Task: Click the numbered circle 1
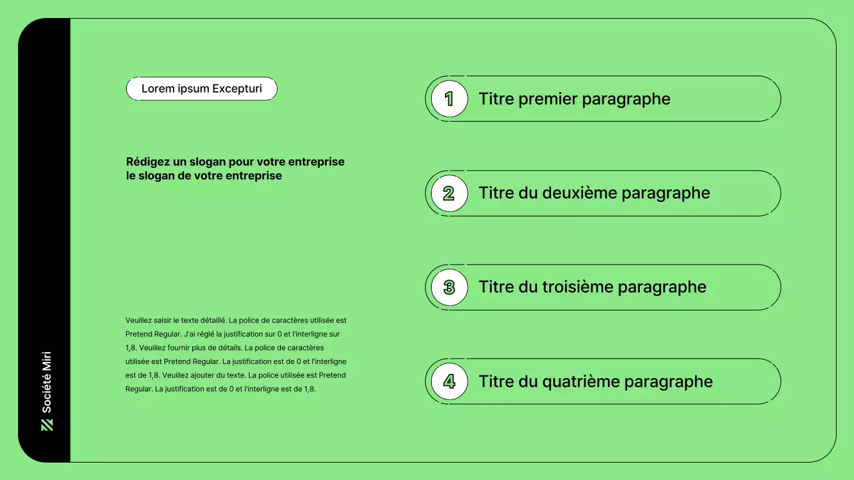tap(449, 99)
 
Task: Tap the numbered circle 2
tap(449, 193)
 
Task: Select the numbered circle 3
tap(449, 287)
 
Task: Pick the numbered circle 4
tap(449, 381)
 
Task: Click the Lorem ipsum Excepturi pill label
tap(201, 89)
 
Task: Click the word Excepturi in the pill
tap(237, 89)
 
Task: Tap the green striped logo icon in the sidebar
tap(47, 425)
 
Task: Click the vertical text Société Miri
tap(47, 382)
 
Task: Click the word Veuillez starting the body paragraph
tap(138, 321)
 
